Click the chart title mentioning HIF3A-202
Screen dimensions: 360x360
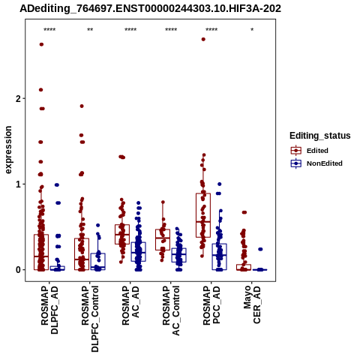[x=150, y=9]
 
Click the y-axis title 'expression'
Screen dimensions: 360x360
[x=8, y=150]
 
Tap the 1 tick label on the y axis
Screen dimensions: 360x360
[x=18, y=184]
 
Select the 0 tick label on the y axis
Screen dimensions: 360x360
[x=18, y=270]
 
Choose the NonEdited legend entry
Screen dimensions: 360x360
[x=316, y=163]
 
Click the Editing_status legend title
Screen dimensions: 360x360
[x=320, y=136]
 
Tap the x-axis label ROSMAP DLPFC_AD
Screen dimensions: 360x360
[x=49, y=310]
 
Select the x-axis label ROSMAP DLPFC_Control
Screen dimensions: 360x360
[x=90, y=319]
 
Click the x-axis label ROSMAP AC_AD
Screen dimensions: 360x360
[x=130, y=305]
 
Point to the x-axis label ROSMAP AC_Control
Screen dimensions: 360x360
[x=171, y=310]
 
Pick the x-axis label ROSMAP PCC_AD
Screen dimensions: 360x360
[x=211, y=305]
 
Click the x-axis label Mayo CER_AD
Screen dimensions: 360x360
[x=252, y=304]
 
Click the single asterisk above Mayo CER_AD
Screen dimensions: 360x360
[x=252, y=30]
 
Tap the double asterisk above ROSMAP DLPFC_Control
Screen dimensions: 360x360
[x=90, y=30]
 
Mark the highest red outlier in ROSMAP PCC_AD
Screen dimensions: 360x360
[x=203, y=39]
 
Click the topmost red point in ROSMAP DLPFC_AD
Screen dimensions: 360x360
[x=41, y=44]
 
